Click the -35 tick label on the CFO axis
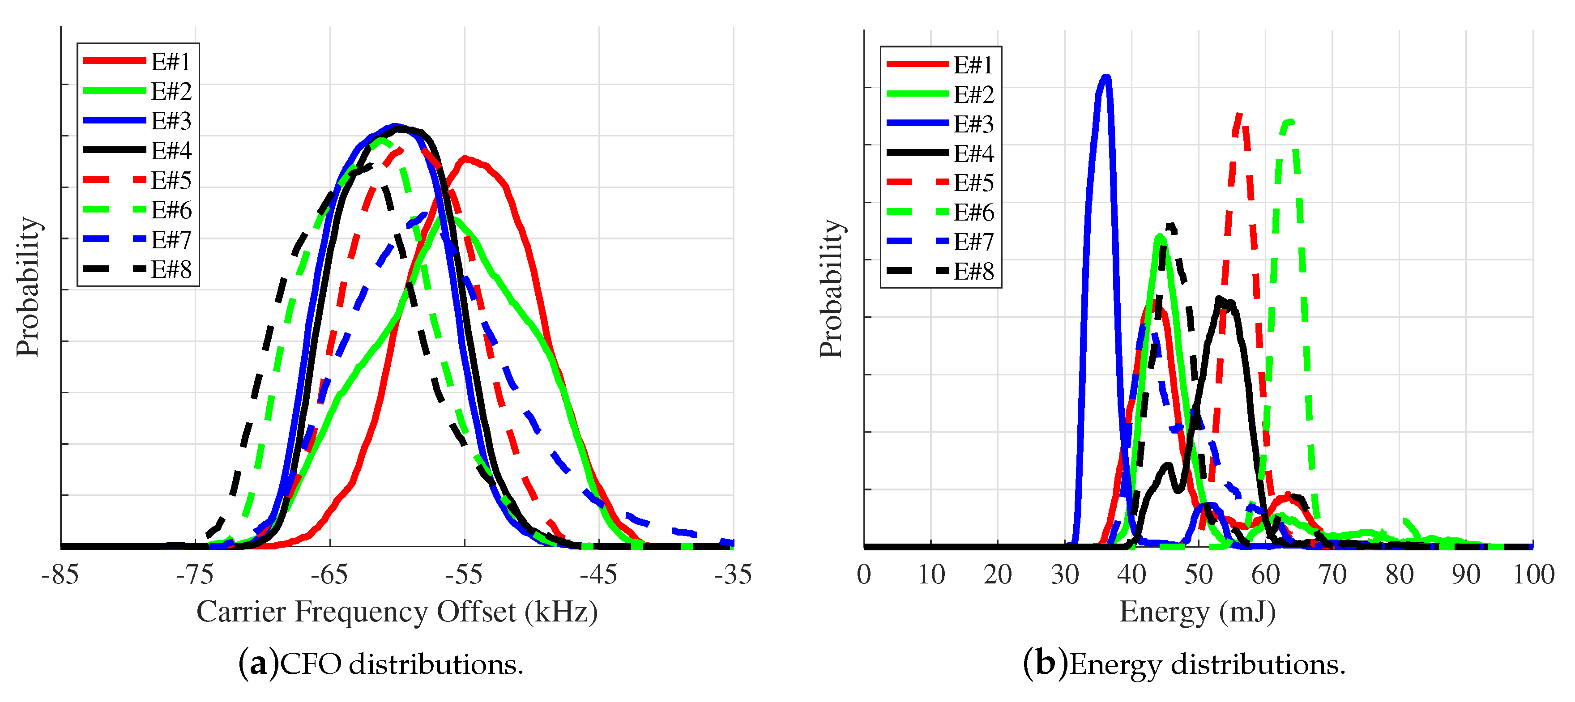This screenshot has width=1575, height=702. click(x=733, y=574)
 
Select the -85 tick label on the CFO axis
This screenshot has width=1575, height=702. click(x=60, y=574)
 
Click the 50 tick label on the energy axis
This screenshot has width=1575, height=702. click(x=1199, y=574)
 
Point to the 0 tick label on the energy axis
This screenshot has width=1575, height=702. click(x=864, y=574)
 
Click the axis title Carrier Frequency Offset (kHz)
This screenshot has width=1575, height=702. click(x=397, y=612)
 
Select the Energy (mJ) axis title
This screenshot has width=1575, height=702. click(x=1197, y=612)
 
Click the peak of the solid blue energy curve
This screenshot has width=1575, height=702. click(x=1105, y=77)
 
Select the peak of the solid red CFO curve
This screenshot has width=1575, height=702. click(x=465, y=158)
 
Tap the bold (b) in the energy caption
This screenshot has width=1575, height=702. click(x=1045, y=664)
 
